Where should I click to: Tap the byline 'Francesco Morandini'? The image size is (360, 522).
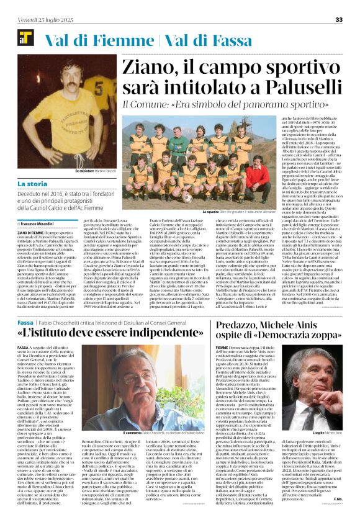[40, 223]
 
